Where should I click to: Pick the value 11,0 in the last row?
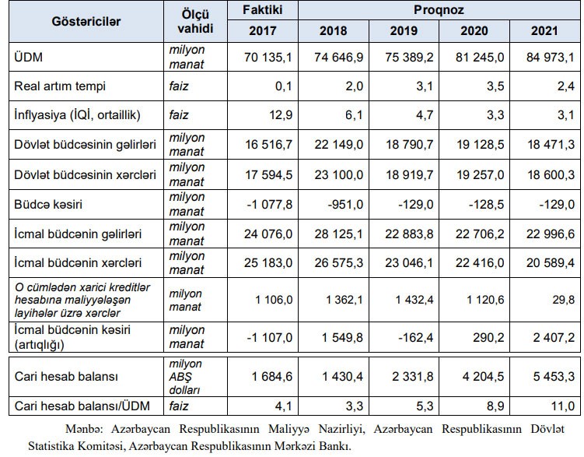pyautogui.click(x=561, y=406)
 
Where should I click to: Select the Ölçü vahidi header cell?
pyautogui.click(x=191, y=21)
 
